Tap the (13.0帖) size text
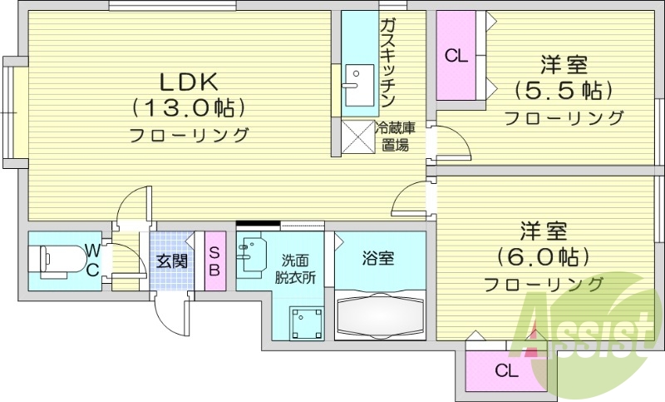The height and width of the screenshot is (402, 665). pyautogui.click(x=189, y=107)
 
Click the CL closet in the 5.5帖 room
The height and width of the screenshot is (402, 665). pyautogui.click(x=456, y=57)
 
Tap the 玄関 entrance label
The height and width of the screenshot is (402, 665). pyautogui.click(x=171, y=261)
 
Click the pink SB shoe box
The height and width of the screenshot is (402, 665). pyautogui.click(x=214, y=261)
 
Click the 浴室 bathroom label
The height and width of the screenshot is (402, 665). pyautogui.click(x=379, y=258)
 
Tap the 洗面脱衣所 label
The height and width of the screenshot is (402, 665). pyautogui.click(x=295, y=268)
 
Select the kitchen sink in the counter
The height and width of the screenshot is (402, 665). pyautogui.click(x=357, y=85)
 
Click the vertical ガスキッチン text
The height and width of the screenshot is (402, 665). pyautogui.click(x=387, y=62)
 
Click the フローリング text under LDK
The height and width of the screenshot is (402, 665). pyautogui.click(x=189, y=135)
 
